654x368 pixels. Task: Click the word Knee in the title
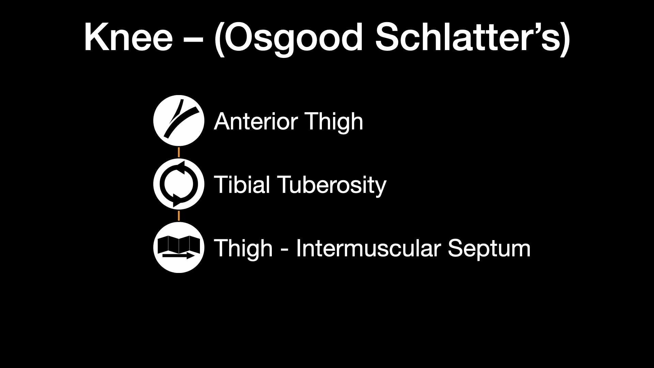pos(128,37)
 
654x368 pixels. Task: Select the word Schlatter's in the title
pos(468,37)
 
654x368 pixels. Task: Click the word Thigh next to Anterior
pos(334,122)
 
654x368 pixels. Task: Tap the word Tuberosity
pos(333,186)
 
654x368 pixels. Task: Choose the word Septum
pos(489,249)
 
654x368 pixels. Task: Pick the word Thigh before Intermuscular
pos(243,249)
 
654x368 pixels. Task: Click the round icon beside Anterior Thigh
pos(179,121)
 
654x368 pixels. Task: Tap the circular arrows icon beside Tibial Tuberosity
pos(179,184)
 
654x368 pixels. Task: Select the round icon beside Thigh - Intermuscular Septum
pos(179,247)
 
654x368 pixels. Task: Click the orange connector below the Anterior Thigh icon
pos(179,152)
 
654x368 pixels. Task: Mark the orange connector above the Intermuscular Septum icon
pos(179,216)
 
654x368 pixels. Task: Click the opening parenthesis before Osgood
pos(219,40)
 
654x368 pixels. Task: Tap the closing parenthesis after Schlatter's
pos(566,40)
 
